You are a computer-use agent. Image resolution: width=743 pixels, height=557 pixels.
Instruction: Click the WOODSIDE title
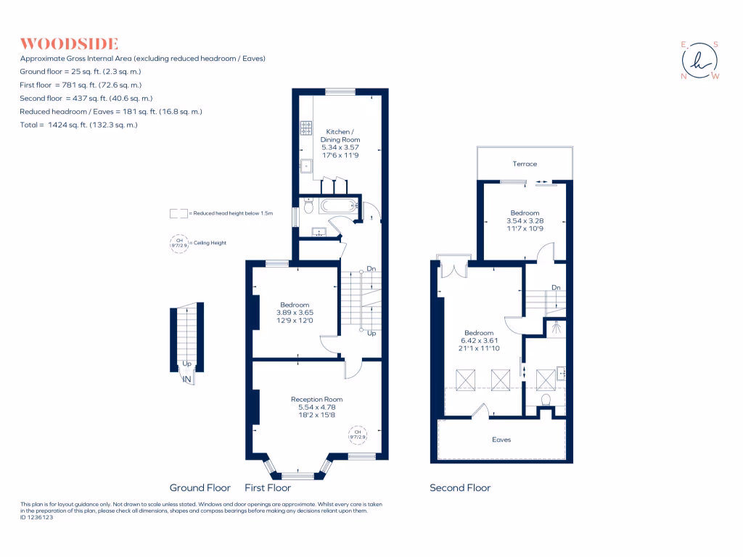tap(69, 44)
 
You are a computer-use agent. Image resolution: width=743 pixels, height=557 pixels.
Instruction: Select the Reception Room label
tap(316, 400)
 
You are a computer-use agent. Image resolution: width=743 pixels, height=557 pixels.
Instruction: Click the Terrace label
tap(525, 164)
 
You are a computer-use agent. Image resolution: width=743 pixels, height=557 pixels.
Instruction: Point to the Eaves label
tap(501, 440)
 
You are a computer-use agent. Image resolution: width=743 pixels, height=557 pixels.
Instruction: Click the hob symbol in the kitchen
tap(305, 128)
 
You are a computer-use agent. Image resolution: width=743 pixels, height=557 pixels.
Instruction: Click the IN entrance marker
tap(186, 379)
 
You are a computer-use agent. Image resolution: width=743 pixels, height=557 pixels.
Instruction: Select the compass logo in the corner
tap(700, 61)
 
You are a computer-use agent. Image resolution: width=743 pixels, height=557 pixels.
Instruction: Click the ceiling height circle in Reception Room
tap(358, 435)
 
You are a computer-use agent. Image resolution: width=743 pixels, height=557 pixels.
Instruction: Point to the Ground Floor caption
tap(200, 488)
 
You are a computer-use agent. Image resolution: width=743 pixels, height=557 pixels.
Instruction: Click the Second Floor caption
tap(460, 488)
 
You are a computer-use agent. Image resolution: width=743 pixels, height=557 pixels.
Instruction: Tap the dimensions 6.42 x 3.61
tap(479, 341)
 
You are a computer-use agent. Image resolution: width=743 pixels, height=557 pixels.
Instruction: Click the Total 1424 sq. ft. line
tap(79, 125)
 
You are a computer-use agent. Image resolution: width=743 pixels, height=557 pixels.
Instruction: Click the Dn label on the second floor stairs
tap(556, 288)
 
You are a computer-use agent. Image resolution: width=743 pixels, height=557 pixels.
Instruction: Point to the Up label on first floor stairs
tap(371, 334)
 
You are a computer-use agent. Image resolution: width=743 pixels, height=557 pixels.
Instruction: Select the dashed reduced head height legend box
tap(178, 214)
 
